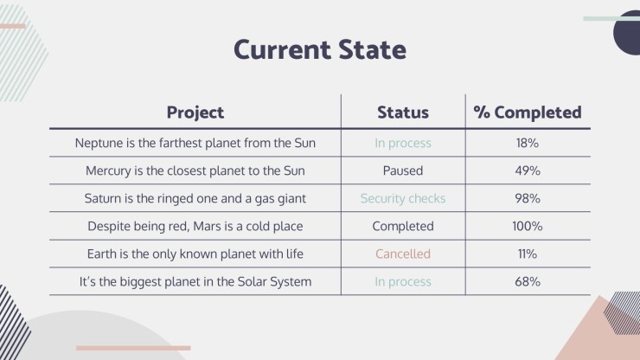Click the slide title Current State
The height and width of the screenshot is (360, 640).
320,50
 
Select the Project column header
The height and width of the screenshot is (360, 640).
195,112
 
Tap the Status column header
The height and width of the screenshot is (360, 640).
403,112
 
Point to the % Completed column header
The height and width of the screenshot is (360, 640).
528,112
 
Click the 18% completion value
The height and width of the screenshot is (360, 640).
528,143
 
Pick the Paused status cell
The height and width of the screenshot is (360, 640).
403,170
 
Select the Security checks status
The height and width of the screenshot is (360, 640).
403,198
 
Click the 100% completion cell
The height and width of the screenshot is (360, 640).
528,226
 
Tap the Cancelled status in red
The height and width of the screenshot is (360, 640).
403,254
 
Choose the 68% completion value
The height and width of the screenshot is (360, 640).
528,281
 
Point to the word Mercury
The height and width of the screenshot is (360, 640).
108,170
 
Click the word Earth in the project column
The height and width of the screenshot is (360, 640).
102,254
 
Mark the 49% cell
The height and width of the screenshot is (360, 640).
528,170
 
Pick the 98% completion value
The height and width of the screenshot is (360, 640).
528,198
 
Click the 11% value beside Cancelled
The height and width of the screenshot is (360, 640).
528,254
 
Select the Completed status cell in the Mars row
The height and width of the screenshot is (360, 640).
403,226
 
